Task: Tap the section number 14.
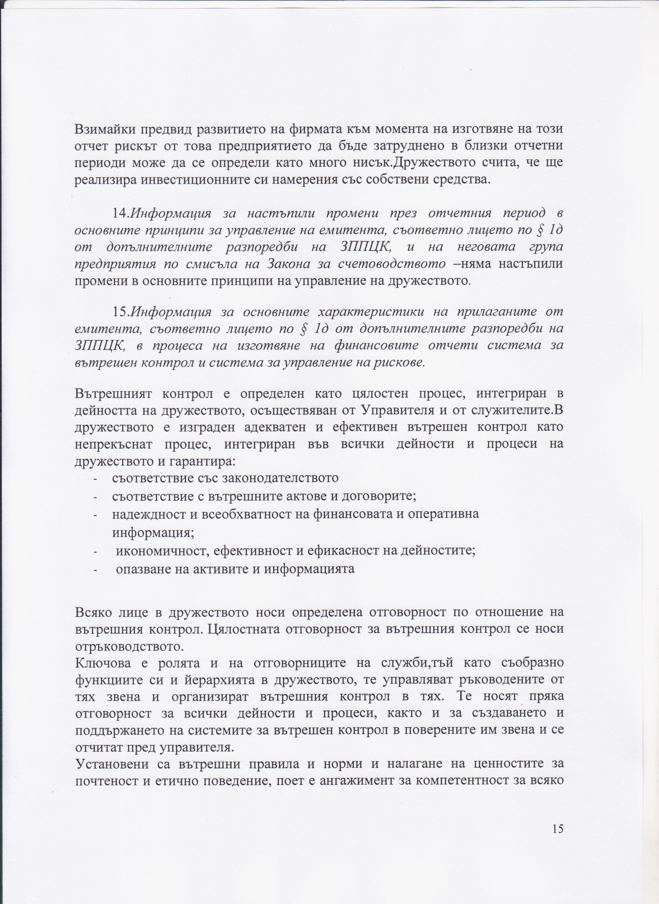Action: pos(120,213)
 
